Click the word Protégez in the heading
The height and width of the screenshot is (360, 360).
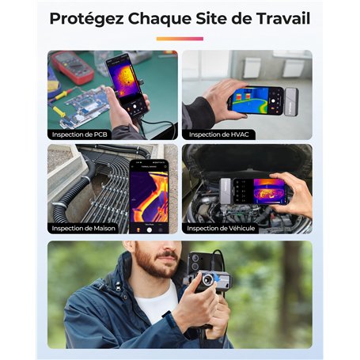point(87,19)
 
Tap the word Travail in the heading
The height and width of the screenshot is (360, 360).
point(283,18)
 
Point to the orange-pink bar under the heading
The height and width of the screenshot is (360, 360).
point(180,39)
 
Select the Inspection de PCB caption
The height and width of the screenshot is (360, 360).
point(79,135)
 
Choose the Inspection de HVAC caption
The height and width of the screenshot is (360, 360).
point(218,135)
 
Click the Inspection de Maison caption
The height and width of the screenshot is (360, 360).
point(83,228)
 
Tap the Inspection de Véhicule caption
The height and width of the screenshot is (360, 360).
point(221,228)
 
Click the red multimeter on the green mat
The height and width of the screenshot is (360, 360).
point(72,67)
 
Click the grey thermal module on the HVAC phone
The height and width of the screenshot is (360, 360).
point(291,102)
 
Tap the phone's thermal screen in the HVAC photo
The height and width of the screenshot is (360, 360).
point(251,100)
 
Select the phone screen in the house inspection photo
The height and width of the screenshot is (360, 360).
point(149,196)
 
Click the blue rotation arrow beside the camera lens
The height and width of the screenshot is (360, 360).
point(218,278)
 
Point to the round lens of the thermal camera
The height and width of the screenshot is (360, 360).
point(208,279)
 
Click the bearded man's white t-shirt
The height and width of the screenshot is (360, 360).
point(156,303)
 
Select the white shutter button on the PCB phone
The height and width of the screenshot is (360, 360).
point(135,107)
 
